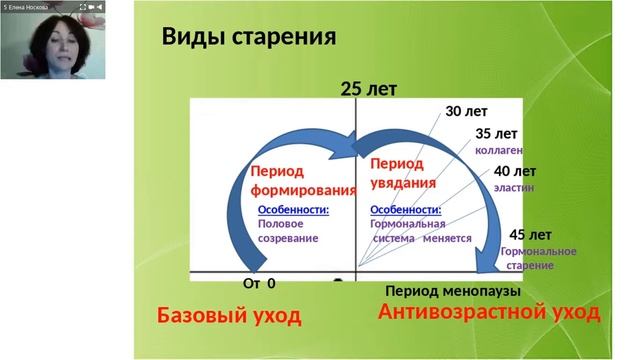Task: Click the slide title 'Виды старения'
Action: pyautogui.click(x=249, y=38)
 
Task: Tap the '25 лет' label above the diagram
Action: pyautogui.click(x=368, y=89)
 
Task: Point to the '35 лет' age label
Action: pyautogui.click(x=496, y=133)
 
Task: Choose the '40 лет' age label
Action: pyautogui.click(x=514, y=171)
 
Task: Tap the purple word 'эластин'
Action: pyautogui.click(x=514, y=187)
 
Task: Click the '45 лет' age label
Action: pyautogui.click(x=530, y=235)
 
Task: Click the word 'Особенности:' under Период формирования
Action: pyautogui.click(x=293, y=210)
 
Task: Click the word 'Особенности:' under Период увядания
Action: pyautogui.click(x=405, y=210)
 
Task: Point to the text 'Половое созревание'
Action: pyautogui.click(x=288, y=232)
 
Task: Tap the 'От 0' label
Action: pyautogui.click(x=259, y=284)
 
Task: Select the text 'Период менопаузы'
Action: pyautogui.click(x=453, y=291)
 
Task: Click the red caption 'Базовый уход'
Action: pyautogui.click(x=229, y=316)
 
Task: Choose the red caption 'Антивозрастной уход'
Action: pyautogui.click(x=489, y=313)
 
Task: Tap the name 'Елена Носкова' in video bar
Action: pyautogui.click(x=32, y=6)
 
